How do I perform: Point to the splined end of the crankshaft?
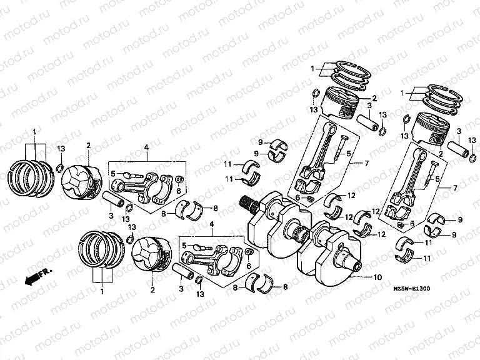246,203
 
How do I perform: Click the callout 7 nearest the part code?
456,188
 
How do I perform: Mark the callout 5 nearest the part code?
437,179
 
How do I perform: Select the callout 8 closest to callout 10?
285,287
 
